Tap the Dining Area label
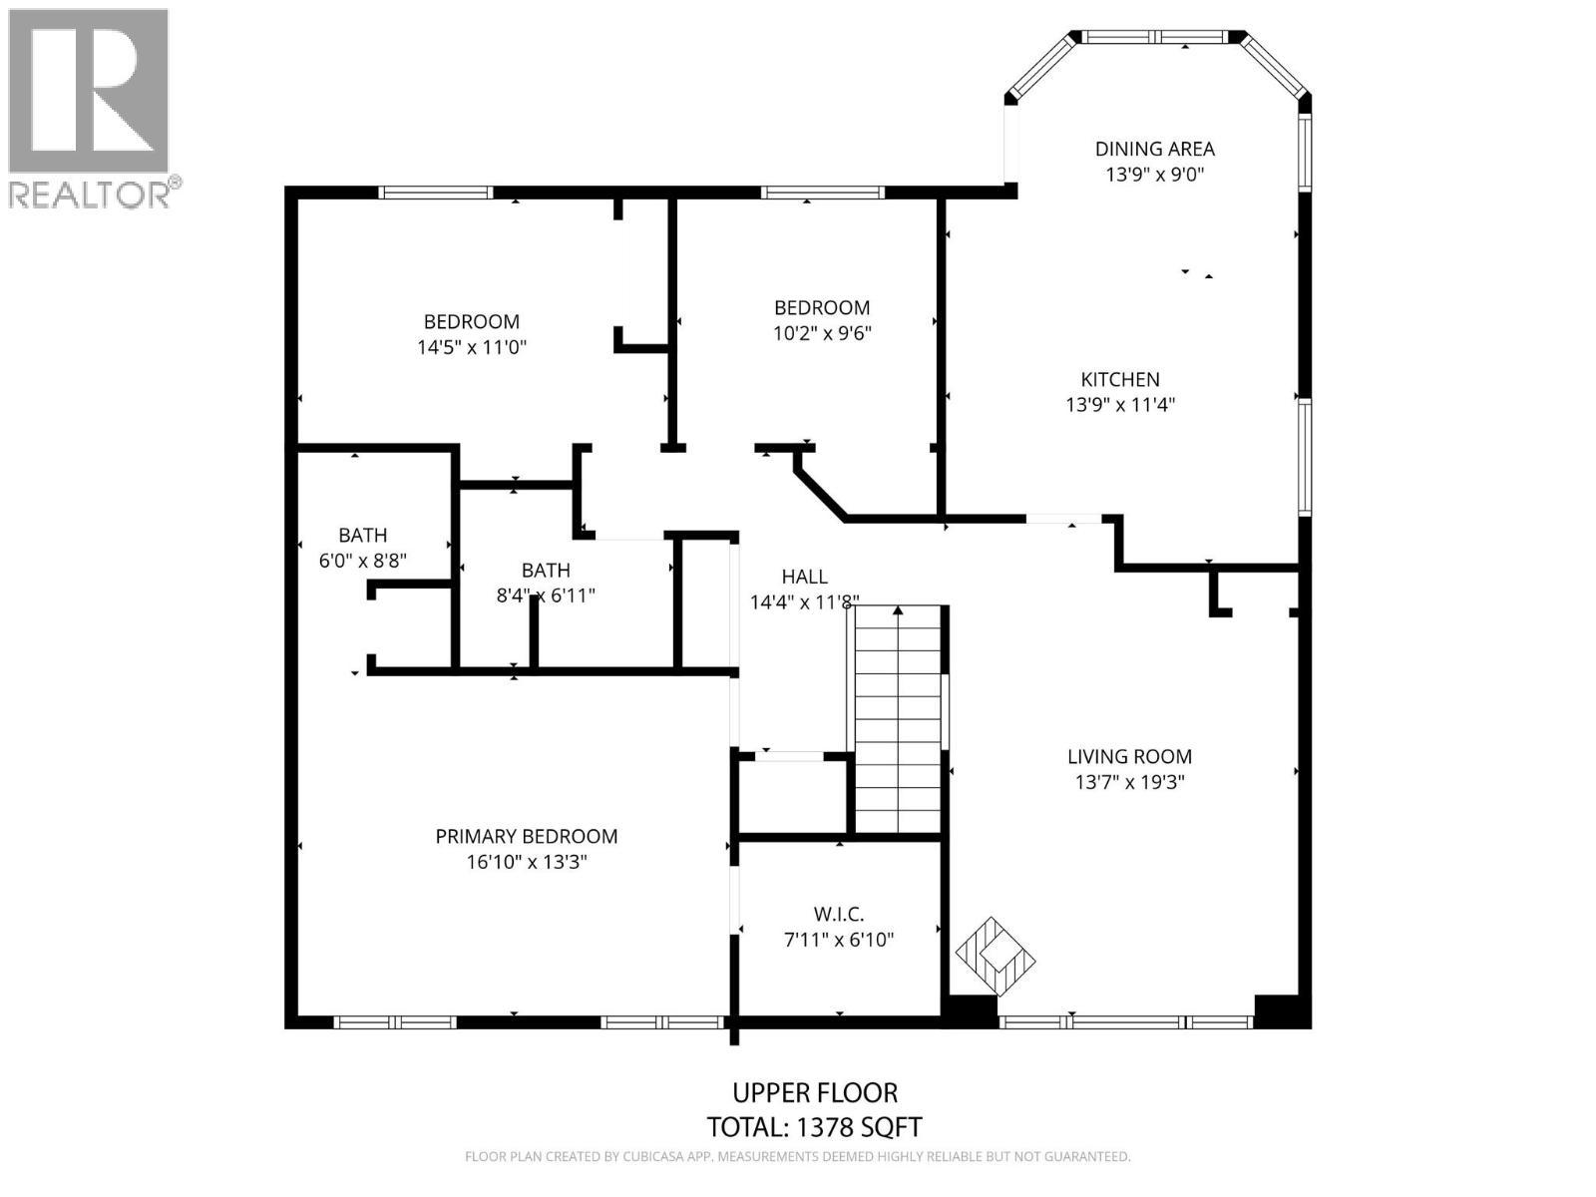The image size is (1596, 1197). coord(1155,149)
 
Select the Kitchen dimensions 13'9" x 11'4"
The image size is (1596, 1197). coord(1120,405)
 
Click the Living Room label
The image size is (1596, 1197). coord(1129,756)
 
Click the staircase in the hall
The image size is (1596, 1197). coord(898,719)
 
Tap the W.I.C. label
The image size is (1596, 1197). coord(838,915)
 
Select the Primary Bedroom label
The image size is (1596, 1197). coord(527,837)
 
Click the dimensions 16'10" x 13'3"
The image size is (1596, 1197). coord(527,862)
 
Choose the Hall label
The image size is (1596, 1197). coord(804,578)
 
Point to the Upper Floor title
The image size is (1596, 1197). coord(815,1093)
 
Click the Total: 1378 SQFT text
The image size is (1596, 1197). coord(814,1127)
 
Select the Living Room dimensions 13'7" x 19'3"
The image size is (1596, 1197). coord(1129,783)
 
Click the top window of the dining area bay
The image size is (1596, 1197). coord(1155,37)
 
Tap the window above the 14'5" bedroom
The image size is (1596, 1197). coord(436,193)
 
